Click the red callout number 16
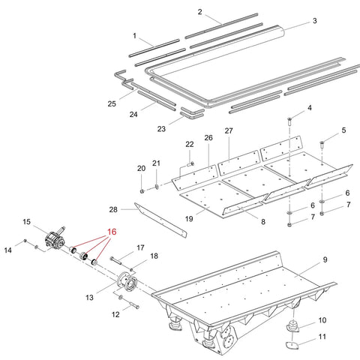click(x=112, y=232)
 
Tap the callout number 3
click(x=315, y=21)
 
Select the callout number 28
click(x=113, y=209)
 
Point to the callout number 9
click(x=325, y=259)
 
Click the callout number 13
click(x=89, y=298)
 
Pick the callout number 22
click(x=190, y=144)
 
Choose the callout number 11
click(x=322, y=337)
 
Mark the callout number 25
click(x=112, y=103)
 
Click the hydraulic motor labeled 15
click(x=55, y=238)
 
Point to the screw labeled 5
click(x=322, y=144)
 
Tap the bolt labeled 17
click(x=115, y=260)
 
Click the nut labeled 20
click(x=142, y=191)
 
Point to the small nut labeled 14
click(x=25, y=241)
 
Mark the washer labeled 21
click(x=157, y=186)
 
